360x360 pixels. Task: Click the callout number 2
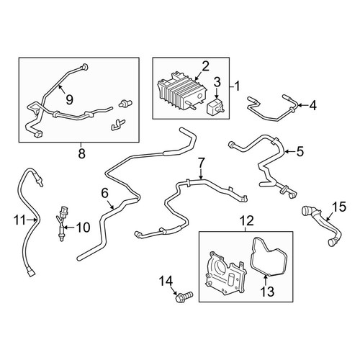point(205,67)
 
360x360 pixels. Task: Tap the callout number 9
point(69,99)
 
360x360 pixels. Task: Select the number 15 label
point(339,207)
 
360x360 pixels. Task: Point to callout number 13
point(267,292)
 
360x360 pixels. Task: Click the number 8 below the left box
point(81,153)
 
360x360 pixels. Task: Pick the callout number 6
point(105,193)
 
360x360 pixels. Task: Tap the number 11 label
point(19,220)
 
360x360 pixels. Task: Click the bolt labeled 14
point(184,297)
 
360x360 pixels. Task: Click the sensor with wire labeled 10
point(63,223)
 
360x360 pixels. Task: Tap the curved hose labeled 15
point(322,225)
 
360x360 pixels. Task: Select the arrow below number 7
point(201,174)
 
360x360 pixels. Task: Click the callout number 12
point(248,220)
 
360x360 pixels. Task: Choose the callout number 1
point(237,86)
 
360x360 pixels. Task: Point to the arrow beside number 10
point(69,227)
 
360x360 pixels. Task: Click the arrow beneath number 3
point(217,93)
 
